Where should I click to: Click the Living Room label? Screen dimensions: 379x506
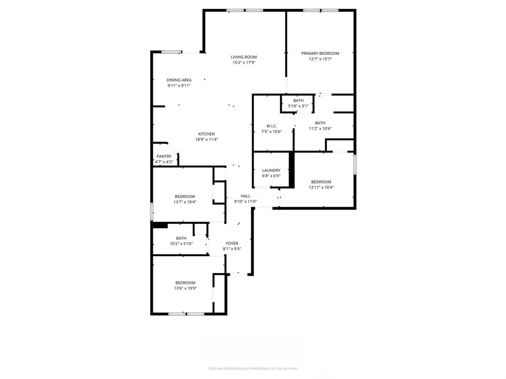244,57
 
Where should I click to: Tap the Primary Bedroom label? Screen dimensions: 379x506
320,53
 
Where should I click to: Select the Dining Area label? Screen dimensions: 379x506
179,80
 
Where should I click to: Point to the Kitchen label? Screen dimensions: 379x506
207,134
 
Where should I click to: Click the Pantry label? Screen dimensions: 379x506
164,156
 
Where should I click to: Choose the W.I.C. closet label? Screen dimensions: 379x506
271,126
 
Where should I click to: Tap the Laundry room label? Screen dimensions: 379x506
271,170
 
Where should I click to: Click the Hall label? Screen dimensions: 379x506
246,196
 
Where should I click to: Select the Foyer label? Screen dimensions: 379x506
232,243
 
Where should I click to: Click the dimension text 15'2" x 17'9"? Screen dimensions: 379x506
244,63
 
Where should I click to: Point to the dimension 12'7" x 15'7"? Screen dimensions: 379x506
320,59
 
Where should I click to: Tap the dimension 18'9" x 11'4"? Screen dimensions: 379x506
207,140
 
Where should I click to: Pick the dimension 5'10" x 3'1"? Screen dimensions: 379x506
298,106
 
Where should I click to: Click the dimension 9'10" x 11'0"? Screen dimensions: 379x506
246,201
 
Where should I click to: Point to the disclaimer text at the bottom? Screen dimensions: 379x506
253,369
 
